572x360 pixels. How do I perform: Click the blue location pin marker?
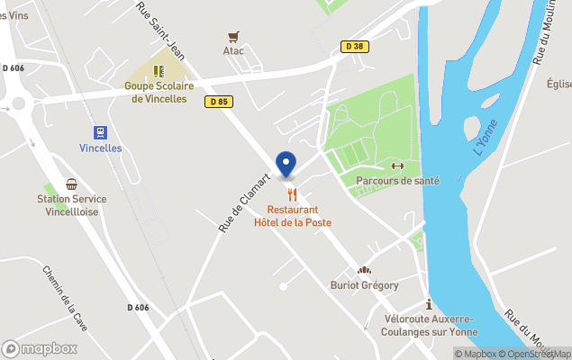click(x=286, y=165)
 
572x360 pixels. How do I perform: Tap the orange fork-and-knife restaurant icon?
click(x=292, y=193)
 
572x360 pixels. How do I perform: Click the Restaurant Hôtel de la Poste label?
click(x=292, y=216)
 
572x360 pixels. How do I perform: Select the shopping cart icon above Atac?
click(x=234, y=37)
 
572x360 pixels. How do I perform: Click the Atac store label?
click(x=234, y=51)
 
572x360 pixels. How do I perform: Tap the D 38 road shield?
click(x=354, y=46)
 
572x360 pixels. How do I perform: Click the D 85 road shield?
click(x=218, y=102)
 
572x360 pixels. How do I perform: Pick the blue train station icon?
click(x=100, y=131)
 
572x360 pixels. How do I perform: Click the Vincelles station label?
click(x=100, y=148)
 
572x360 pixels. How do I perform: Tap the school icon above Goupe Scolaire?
click(x=159, y=70)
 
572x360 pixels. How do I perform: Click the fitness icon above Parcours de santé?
click(x=397, y=166)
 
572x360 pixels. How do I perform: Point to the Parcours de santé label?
click(x=397, y=181)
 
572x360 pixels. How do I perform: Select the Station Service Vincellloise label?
click(x=72, y=205)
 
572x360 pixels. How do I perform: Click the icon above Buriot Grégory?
click(x=364, y=270)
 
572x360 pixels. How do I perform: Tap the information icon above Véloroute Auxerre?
click(x=429, y=304)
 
